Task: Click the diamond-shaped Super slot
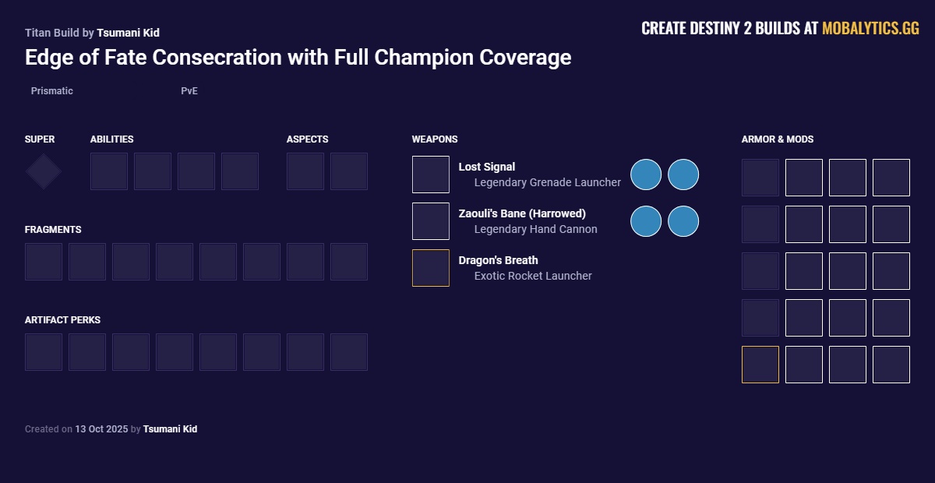[44, 171]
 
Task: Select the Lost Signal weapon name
[486, 167]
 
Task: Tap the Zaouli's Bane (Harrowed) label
[521, 213]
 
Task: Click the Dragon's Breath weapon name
[498, 260]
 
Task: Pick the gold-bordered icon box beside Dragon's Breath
[431, 268]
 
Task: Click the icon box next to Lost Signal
[431, 175]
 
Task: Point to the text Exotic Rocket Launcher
[533, 276]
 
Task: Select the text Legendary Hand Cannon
[535, 229]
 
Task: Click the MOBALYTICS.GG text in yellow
[870, 29]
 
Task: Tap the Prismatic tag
[52, 91]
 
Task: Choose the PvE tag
[189, 91]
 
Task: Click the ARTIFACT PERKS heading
[62, 320]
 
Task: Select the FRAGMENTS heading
[53, 230]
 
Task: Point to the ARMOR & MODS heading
[777, 139]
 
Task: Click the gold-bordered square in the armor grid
[760, 365]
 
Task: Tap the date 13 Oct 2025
[101, 429]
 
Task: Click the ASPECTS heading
[307, 139]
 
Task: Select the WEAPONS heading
[435, 139]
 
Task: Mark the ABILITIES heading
[111, 139]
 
